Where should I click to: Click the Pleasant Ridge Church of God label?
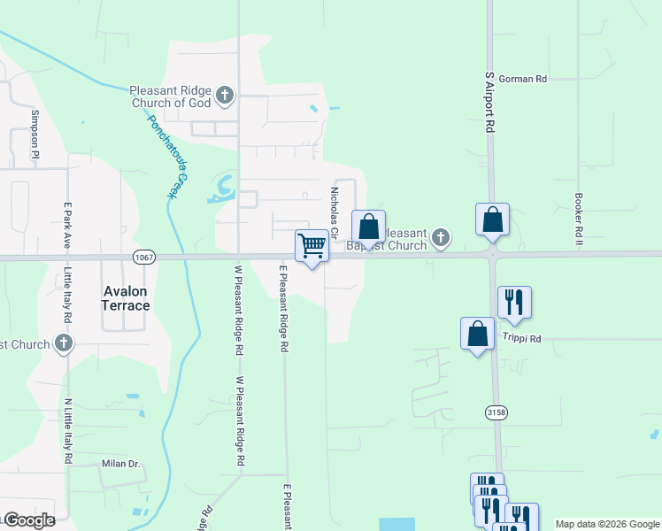pos(171,96)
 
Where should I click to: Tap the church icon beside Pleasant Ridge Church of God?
pos(225,94)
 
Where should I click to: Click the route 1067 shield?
pos(143,257)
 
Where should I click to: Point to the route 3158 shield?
pos(496,412)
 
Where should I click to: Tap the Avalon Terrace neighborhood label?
pos(125,297)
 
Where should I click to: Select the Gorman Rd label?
pos(522,79)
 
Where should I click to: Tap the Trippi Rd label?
pos(521,338)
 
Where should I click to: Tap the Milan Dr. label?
pos(121,464)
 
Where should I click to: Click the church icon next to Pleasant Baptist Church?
pos(440,237)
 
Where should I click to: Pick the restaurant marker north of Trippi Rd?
pos(513,303)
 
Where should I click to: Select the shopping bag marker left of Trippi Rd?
pos(477,334)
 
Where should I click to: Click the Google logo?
pos(28,520)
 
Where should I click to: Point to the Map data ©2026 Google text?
pos(606,524)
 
